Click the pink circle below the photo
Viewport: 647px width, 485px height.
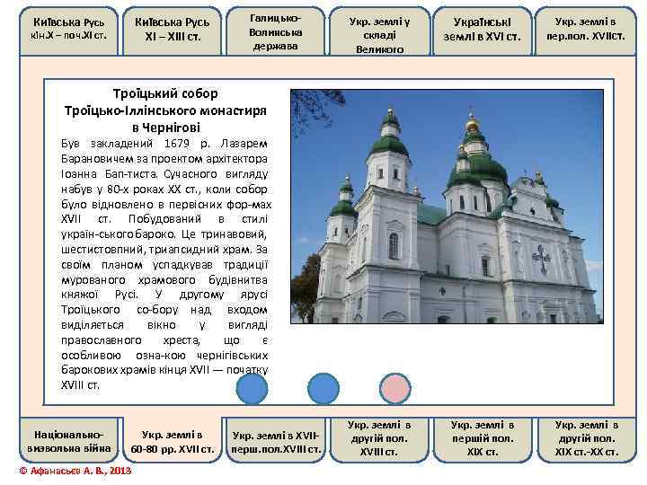coord(394,388)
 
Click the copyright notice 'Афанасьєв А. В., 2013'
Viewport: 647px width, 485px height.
coord(76,471)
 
